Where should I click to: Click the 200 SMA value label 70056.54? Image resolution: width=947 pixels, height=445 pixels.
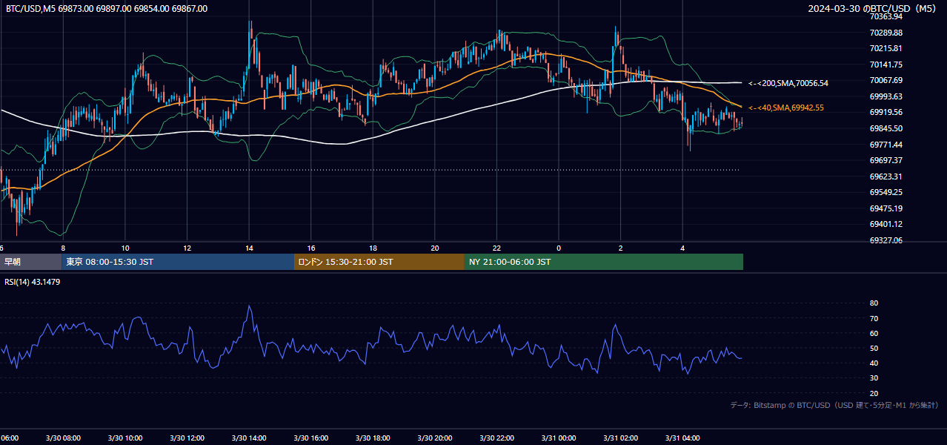(788, 83)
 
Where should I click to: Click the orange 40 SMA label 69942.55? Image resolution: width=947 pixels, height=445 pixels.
(786, 108)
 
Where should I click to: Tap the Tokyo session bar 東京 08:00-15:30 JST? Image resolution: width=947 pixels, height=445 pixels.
(178, 262)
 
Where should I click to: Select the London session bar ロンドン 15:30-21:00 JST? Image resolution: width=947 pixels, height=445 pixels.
(379, 262)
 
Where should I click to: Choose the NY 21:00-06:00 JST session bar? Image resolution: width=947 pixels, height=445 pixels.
(604, 262)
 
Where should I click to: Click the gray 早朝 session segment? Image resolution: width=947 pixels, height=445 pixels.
(31, 262)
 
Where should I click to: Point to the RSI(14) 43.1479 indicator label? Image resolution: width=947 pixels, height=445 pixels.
(32, 282)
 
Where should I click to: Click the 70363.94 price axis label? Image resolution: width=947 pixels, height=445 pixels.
(886, 16)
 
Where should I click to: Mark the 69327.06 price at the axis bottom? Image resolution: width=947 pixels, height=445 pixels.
(886, 240)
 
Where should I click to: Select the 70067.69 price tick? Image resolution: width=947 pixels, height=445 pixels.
(886, 80)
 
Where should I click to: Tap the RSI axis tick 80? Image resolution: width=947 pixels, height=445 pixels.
(874, 303)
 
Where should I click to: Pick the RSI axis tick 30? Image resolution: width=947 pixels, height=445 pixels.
(874, 378)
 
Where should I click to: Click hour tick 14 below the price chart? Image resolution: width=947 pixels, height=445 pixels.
(249, 248)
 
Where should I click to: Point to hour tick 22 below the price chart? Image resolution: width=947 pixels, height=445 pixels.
(496, 248)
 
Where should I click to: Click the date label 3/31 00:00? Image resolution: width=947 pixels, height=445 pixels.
(559, 438)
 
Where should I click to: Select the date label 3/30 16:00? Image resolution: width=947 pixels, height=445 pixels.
(310, 438)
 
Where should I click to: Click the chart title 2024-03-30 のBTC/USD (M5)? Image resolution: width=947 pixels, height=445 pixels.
(871, 8)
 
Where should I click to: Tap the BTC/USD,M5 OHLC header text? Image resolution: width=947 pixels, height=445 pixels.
(107, 8)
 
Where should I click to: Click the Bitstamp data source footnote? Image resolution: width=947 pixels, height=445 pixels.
(834, 405)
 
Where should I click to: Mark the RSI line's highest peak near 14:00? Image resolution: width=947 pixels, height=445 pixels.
(250, 306)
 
